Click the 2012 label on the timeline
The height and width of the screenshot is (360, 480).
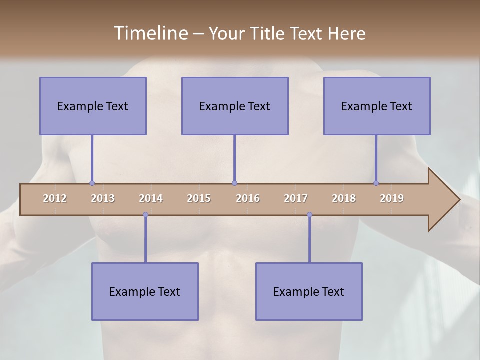click(55, 198)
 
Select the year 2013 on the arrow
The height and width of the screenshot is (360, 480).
click(103, 198)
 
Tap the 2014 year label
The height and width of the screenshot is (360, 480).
click(151, 198)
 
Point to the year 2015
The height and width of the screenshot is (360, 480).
click(199, 198)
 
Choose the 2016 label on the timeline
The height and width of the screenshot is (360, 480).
click(248, 198)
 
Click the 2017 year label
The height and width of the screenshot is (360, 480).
click(296, 198)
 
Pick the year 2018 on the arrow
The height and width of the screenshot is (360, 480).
click(344, 198)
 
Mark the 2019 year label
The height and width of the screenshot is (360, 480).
click(392, 198)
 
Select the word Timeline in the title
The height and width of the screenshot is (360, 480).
click(150, 33)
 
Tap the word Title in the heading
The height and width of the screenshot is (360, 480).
click(268, 33)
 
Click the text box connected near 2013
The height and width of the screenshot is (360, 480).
click(93, 106)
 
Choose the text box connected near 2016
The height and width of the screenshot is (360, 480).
click(235, 106)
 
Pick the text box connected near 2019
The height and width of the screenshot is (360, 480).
click(377, 106)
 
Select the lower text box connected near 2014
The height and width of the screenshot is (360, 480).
click(145, 291)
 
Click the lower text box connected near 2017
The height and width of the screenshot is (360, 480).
click(309, 291)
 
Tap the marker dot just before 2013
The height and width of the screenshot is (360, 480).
click(92, 183)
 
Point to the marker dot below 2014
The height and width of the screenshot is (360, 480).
click(145, 215)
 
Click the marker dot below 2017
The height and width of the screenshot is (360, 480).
click(309, 215)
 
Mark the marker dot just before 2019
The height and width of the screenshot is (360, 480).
click(376, 183)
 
